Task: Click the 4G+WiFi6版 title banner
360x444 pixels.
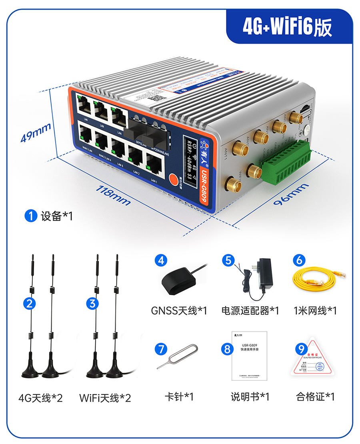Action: tap(287, 27)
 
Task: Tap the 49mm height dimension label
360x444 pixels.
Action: tap(36, 132)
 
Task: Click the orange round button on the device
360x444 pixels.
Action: tap(174, 179)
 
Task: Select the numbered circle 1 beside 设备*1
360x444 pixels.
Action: tap(30, 216)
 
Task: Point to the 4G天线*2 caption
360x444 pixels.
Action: tap(40, 398)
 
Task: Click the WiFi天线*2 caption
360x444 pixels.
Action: tap(105, 398)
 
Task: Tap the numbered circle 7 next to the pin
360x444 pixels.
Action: tap(161, 348)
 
